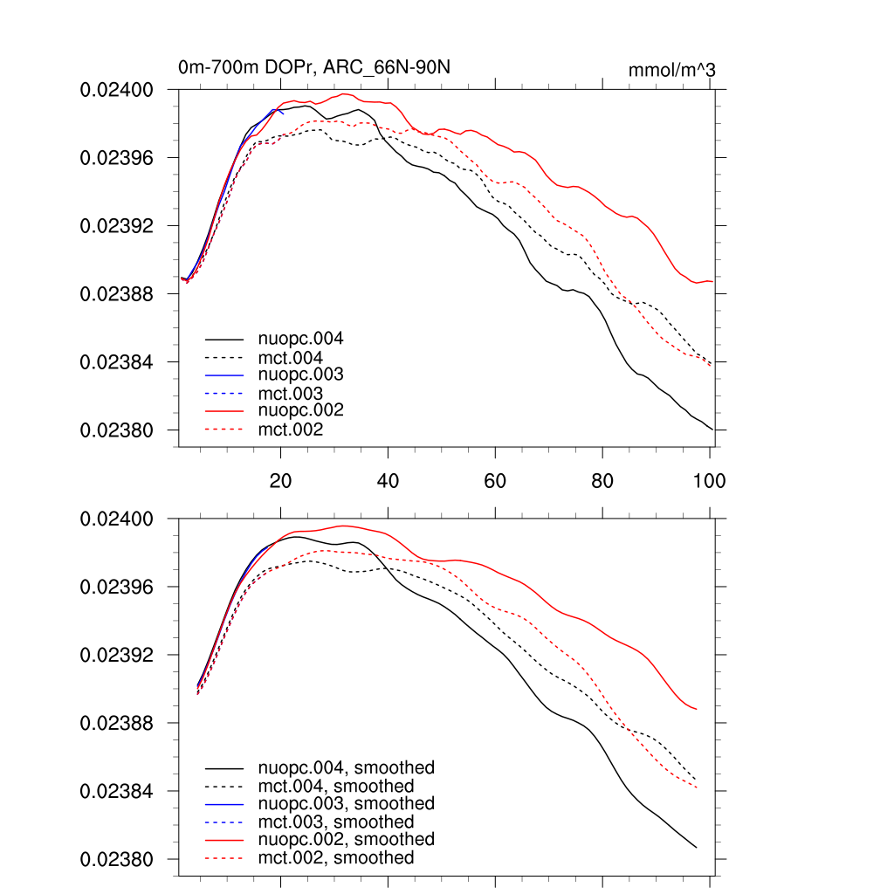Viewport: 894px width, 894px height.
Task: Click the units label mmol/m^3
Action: (x=671, y=71)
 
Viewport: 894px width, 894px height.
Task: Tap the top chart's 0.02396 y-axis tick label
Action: (x=117, y=158)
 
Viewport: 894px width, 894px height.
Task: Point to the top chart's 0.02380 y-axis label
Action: (x=117, y=430)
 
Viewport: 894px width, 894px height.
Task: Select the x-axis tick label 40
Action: (x=388, y=481)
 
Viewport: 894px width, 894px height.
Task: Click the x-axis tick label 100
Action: (x=709, y=481)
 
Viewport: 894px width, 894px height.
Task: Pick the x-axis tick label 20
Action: (x=280, y=481)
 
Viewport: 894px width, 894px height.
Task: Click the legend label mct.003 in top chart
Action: (x=291, y=394)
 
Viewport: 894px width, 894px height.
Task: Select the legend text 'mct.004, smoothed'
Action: (x=336, y=787)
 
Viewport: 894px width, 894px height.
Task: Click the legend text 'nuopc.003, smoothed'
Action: (x=346, y=803)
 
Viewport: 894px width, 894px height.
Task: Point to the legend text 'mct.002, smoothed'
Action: (x=336, y=858)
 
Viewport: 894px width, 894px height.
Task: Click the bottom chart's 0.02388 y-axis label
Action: (x=117, y=724)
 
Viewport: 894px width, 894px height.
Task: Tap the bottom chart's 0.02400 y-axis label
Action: (x=117, y=519)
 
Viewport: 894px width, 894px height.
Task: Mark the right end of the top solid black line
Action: (x=713, y=430)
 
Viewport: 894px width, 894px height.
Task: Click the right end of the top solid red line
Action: (x=713, y=281)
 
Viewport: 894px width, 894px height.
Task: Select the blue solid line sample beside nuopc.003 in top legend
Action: (x=223, y=375)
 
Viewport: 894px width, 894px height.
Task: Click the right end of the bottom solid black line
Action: (x=696, y=847)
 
